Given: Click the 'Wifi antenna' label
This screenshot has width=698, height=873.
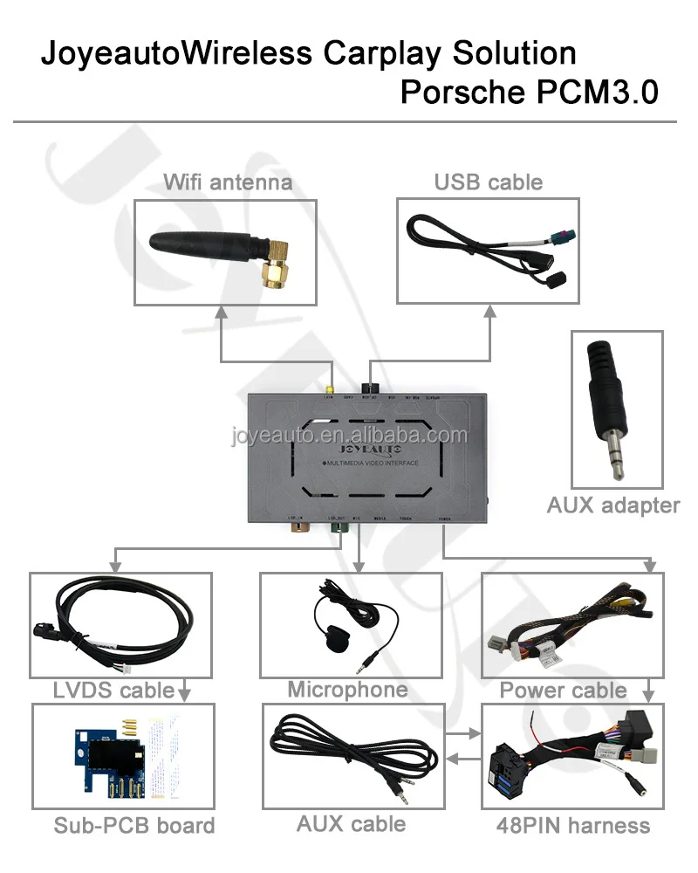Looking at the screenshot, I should (x=228, y=182).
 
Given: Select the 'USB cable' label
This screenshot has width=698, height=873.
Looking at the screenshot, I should (x=488, y=182).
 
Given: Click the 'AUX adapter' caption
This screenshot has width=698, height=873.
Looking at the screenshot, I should (x=612, y=505).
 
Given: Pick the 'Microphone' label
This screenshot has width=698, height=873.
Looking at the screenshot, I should (x=347, y=690).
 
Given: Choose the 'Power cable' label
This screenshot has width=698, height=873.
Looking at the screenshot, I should (x=563, y=691).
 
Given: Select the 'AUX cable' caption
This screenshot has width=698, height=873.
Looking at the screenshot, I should (x=351, y=823).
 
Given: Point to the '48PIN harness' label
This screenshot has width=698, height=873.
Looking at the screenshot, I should (x=572, y=825).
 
